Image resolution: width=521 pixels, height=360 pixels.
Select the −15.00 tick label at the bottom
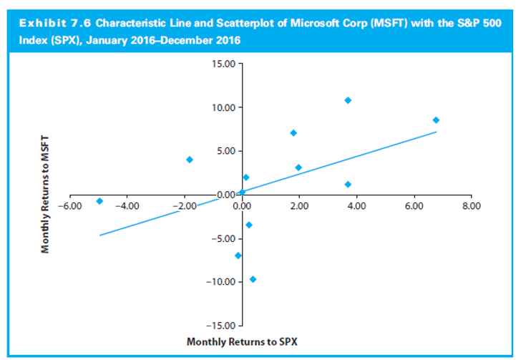click(x=220, y=325)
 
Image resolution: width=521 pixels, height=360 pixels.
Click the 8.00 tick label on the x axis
click(x=471, y=206)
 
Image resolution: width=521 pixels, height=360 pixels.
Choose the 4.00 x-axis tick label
click(x=356, y=206)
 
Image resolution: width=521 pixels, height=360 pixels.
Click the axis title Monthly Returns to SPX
click(x=242, y=341)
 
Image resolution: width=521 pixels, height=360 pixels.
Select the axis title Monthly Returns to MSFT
click(x=45, y=195)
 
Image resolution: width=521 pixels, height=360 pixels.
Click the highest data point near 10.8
click(x=348, y=100)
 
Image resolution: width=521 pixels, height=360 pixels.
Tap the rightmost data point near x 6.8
click(x=436, y=120)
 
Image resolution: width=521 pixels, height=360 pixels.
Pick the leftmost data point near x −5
click(x=99, y=201)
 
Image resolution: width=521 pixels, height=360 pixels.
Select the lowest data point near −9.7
click(x=253, y=279)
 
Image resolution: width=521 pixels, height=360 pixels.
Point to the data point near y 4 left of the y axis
click(x=190, y=160)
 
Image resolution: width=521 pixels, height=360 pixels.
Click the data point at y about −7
click(x=238, y=256)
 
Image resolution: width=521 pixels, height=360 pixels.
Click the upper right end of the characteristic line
click(x=435, y=132)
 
